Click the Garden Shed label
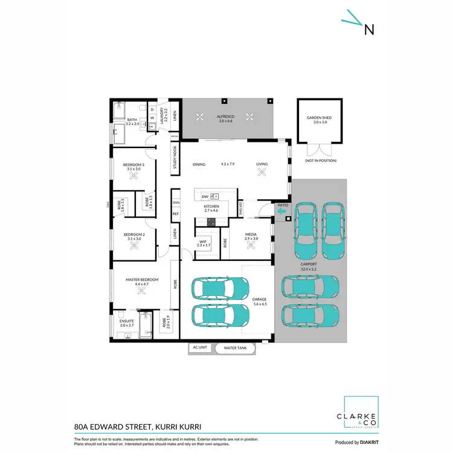click(x=316, y=119)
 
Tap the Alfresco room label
click(x=226, y=118)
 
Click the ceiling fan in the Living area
click(x=262, y=173)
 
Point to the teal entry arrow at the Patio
click(x=282, y=212)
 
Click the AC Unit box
click(x=200, y=348)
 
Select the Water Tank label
click(x=234, y=348)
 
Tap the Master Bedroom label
click(x=142, y=280)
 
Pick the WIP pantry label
click(x=204, y=243)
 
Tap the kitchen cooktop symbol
click(x=211, y=222)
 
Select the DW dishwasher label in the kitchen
click(x=205, y=197)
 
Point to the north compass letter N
click(x=368, y=29)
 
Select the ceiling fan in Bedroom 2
click(x=133, y=246)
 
